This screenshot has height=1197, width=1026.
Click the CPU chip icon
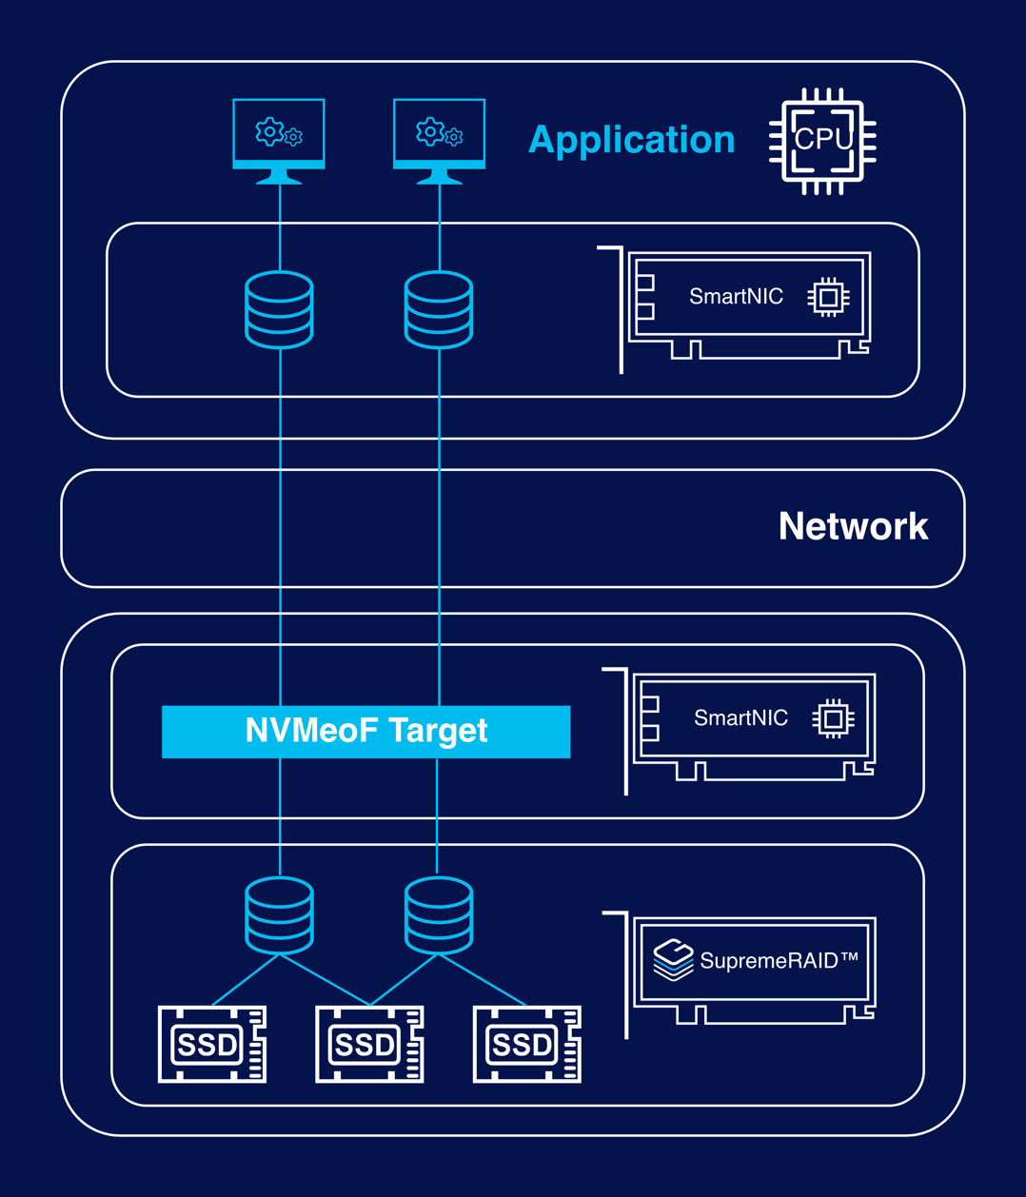click(x=822, y=141)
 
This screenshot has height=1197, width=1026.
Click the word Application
click(x=631, y=140)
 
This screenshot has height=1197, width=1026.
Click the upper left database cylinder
click(x=279, y=310)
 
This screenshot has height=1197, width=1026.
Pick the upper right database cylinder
click(x=439, y=310)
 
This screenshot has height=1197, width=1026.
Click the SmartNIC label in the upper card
click(x=736, y=297)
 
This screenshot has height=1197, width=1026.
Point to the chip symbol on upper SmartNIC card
click(x=828, y=298)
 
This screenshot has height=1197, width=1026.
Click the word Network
click(x=853, y=527)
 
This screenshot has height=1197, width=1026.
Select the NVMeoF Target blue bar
click(x=365, y=732)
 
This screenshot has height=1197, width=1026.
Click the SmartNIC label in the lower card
click(x=740, y=718)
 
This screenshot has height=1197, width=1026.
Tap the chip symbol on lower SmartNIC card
click(x=833, y=719)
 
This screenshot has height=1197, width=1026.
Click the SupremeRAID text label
click(x=779, y=961)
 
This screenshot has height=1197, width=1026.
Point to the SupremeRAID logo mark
click(x=673, y=959)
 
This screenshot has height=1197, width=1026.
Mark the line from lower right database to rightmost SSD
click(x=483, y=980)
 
